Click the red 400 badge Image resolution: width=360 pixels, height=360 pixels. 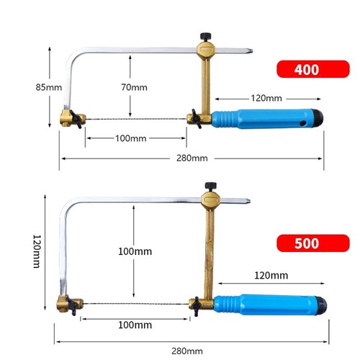(x=313, y=69)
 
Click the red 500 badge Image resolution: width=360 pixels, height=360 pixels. (x=313, y=243)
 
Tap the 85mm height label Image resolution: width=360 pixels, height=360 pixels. (x=49, y=87)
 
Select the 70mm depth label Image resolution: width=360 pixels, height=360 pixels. (x=134, y=87)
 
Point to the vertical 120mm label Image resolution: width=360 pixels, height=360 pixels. (x=37, y=251)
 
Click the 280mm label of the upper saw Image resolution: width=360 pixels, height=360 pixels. (x=192, y=158)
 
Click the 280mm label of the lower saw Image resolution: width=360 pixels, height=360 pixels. (x=187, y=351)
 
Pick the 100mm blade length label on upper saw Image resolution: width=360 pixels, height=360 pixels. (x=131, y=138)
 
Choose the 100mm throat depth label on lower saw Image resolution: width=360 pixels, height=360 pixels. (x=135, y=251)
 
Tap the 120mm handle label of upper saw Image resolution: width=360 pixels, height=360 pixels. (x=266, y=98)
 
